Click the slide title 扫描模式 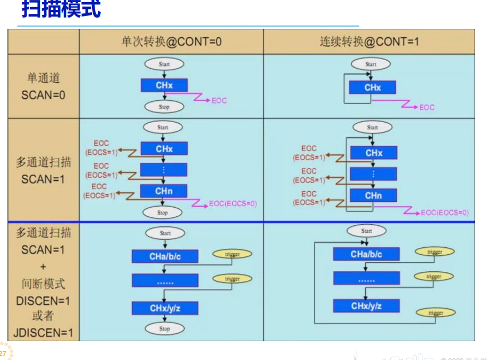tap(61, 10)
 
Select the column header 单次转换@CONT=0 tap(171, 42)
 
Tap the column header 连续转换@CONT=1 tap(369, 42)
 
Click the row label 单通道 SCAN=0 tap(43, 86)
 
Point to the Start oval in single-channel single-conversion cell tap(164, 64)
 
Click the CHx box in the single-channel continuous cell tap(372, 88)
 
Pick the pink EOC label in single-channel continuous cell tap(426, 107)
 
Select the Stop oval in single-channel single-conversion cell tap(164, 107)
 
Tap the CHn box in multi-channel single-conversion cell tap(164, 191)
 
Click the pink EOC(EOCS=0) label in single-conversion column tap(233, 204)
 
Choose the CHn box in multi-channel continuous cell tap(373, 195)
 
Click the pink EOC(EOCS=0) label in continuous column tap(444, 213)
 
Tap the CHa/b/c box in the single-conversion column tap(165, 256)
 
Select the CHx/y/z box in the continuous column tap(366, 305)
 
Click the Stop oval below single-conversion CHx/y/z tap(165, 329)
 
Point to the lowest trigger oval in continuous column tap(435, 313)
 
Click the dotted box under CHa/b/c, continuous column tap(366, 279)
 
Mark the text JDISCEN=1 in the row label tap(44, 332)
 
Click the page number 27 tap(3, 353)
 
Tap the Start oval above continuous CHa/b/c tap(366, 231)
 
